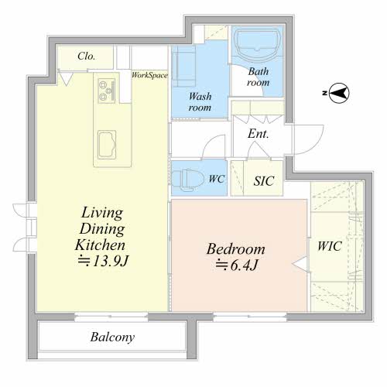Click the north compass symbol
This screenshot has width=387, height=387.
(339, 93)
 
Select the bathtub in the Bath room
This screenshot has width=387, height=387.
(258, 45)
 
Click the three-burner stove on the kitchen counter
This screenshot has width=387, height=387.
(107, 91)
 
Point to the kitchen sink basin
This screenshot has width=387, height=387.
(107, 145)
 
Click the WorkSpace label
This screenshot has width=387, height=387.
(149, 75)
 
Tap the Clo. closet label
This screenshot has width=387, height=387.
(87, 56)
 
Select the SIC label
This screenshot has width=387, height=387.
(263, 181)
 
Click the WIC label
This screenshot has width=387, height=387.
(330, 246)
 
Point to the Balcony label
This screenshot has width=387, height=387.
(112, 337)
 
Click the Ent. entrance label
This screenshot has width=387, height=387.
(259, 134)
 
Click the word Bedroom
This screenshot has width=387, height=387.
(236, 249)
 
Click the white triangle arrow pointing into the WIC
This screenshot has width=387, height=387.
(300, 264)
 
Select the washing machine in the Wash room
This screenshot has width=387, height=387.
(183, 67)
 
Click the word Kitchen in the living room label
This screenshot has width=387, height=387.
(100, 245)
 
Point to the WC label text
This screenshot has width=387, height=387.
(217, 179)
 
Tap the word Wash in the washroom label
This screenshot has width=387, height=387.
(200, 97)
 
